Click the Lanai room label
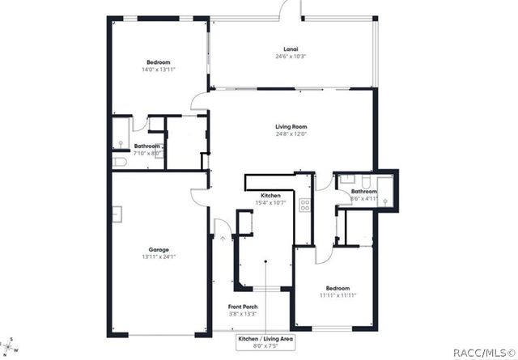click(291, 49)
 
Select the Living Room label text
click(291, 126)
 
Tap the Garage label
click(159, 250)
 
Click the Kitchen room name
click(270, 196)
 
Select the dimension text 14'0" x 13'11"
click(159, 70)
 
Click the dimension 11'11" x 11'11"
click(338, 296)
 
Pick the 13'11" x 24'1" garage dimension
click(159, 258)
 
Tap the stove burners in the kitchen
click(305, 205)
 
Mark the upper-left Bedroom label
click(159, 62)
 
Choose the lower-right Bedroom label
click(338, 288)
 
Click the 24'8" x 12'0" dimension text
click(291, 134)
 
